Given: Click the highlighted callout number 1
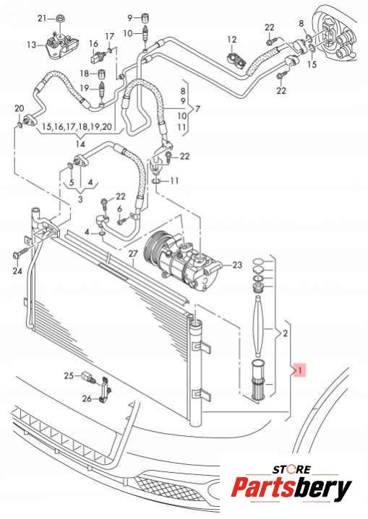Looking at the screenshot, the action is pos(300,370).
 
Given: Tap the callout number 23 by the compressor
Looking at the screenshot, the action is pos(237,265).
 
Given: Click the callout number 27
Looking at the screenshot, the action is pos(133,254).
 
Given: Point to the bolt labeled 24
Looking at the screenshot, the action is pos(20,256).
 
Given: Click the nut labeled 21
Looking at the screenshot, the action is pos(60,18).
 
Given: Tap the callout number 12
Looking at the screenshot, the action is pos(232,40).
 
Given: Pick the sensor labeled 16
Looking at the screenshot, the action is pos(96,57).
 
